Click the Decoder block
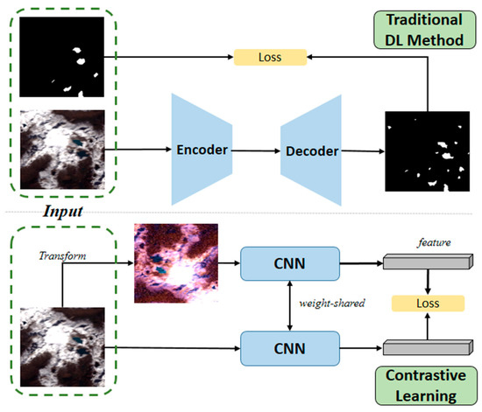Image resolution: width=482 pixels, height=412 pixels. [311, 150]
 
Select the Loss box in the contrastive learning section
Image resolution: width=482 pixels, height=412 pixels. [426, 304]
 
